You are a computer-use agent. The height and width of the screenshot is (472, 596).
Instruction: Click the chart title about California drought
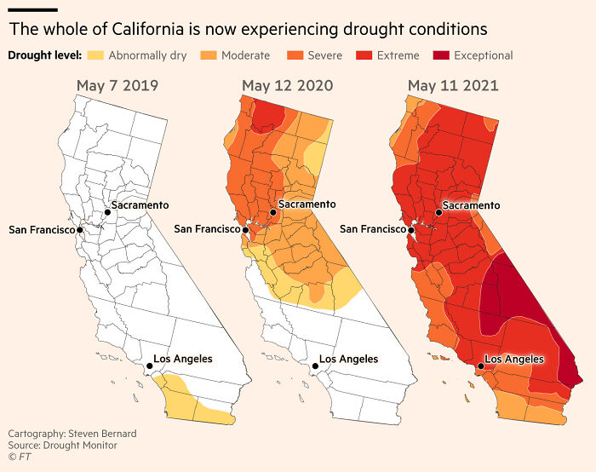click(248, 29)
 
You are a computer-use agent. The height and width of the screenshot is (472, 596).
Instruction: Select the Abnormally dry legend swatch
click(95, 55)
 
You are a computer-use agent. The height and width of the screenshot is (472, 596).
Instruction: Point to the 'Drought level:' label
click(44, 55)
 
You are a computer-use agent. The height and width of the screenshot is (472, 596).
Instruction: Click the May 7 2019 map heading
click(117, 86)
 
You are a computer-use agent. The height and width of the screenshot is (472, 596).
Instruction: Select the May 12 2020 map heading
click(287, 86)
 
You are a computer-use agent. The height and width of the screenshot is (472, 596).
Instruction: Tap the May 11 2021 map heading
click(453, 86)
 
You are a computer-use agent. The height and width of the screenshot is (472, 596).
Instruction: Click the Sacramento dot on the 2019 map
click(107, 211)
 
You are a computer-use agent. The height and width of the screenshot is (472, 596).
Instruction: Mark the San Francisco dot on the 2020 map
click(245, 229)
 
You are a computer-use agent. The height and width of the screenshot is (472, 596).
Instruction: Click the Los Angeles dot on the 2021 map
click(481, 366)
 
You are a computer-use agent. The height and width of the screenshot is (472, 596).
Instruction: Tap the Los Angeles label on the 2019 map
click(183, 359)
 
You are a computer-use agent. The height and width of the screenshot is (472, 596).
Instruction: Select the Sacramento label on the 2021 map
click(472, 205)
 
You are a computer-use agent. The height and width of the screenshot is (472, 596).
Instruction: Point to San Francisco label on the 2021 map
click(373, 228)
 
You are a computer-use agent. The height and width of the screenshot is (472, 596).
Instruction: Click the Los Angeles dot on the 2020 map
click(315, 366)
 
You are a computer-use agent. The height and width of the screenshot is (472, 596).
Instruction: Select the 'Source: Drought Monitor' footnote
click(62, 446)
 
